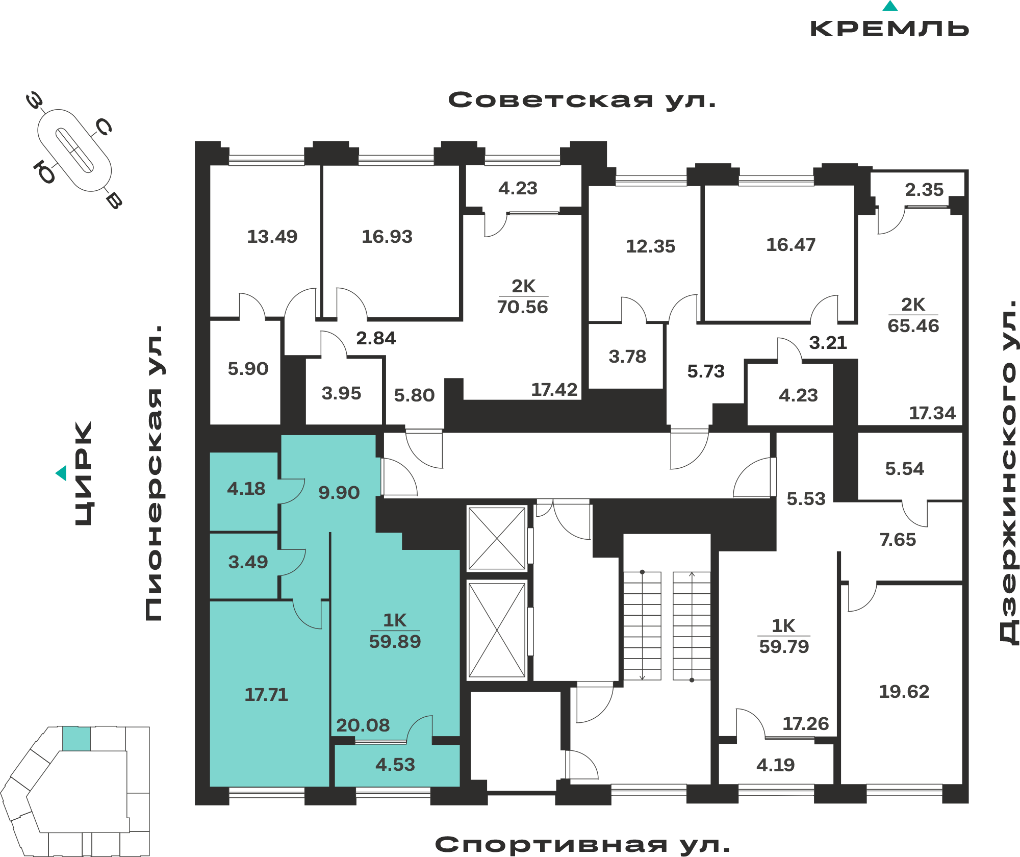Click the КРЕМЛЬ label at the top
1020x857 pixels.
(889, 29)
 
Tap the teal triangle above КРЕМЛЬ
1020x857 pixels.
(890, 6)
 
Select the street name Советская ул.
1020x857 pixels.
(582, 100)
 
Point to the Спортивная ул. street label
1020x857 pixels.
(582, 845)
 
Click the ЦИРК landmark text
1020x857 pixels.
(84, 473)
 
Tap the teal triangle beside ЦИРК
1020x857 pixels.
(61, 473)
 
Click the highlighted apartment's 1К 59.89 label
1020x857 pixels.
(395, 631)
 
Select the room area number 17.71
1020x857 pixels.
(266, 694)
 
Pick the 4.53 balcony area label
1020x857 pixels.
(395, 765)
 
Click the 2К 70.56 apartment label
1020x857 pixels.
(523, 297)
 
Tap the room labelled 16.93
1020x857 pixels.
(387, 236)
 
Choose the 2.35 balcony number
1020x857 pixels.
(924, 190)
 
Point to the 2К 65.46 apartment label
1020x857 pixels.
(913, 315)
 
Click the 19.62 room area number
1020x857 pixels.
(904, 692)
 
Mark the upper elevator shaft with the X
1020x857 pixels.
(497, 538)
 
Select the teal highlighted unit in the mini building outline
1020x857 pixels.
(76, 739)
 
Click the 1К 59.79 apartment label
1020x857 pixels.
(784, 637)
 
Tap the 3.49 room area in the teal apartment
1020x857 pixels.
(248, 562)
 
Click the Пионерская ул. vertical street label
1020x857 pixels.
(154, 473)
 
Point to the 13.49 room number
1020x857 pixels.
(272, 236)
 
